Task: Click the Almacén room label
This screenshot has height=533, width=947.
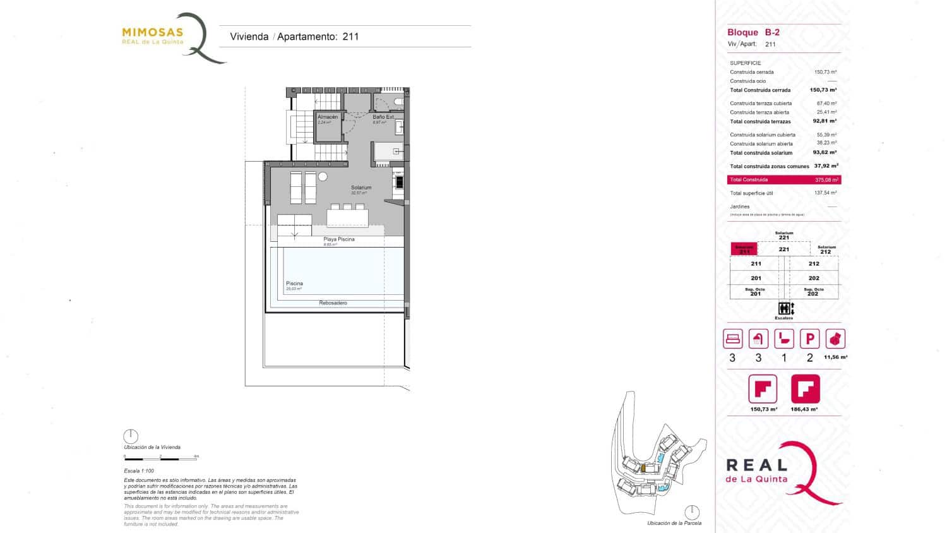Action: [328, 117]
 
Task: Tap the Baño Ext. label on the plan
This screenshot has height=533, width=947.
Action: [383, 117]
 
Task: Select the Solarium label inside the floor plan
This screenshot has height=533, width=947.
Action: [361, 188]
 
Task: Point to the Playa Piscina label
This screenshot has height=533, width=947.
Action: [339, 239]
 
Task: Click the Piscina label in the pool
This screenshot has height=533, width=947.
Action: [294, 284]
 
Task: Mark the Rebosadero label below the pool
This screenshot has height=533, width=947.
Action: [333, 303]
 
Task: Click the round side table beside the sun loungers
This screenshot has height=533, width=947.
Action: [323, 176]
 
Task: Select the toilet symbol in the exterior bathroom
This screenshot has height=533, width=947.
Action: [398, 102]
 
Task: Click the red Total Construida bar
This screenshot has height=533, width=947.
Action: [783, 180]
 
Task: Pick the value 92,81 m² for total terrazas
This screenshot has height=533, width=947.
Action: [824, 121]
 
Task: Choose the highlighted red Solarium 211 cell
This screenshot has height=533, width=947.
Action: [744, 249]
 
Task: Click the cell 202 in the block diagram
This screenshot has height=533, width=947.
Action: [814, 278]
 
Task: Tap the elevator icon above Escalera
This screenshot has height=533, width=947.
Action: [784, 308]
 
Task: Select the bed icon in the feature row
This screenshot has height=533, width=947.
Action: [732, 339]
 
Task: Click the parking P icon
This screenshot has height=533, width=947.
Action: [809, 339]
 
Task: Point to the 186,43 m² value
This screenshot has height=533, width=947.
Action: [804, 409]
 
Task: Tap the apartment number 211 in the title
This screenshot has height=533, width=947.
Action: [350, 37]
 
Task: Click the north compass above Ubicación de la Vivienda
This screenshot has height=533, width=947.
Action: [131, 436]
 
